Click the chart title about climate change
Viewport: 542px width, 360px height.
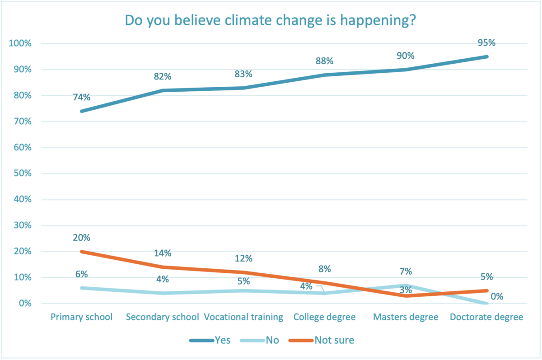[270, 21]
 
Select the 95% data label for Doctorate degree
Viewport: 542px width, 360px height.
[487, 43]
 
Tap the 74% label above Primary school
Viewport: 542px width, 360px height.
[81, 97]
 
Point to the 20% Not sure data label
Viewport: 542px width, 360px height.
[81, 238]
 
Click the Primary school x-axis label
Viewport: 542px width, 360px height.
[82, 317]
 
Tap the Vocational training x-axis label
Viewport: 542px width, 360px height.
[243, 317]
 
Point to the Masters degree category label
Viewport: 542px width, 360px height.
[406, 317]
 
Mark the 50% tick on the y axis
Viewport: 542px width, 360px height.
[22, 173]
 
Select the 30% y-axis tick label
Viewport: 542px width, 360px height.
[22, 225]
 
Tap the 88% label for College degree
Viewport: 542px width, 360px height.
[324, 61]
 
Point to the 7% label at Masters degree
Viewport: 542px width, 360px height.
[406, 271]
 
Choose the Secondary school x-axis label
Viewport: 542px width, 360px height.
[163, 317]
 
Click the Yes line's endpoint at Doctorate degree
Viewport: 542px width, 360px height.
[487, 56]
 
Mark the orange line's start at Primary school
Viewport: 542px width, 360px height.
[82, 252]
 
